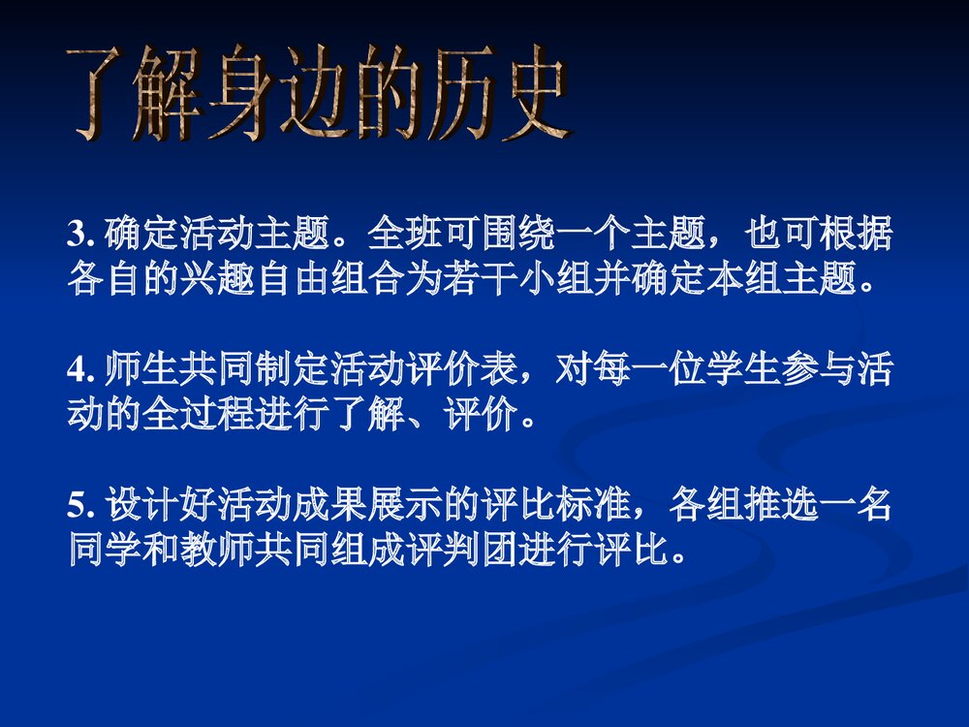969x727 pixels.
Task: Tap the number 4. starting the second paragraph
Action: click(x=79, y=371)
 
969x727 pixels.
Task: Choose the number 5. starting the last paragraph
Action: click(x=79, y=507)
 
